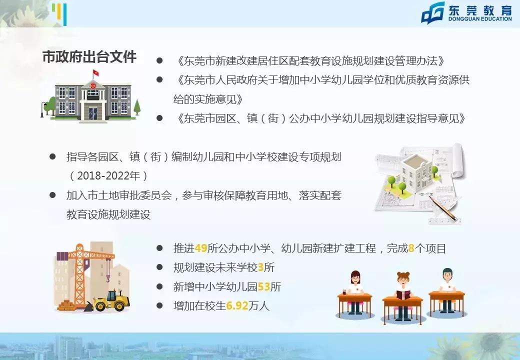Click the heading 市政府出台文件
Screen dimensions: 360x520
pyautogui.click(x=89, y=56)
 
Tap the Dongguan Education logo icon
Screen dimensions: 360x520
pyautogui.click(x=433, y=12)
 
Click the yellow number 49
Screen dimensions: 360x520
pyautogui.click(x=201, y=248)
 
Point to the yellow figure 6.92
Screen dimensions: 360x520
pyautogui.click(x=237, y=306)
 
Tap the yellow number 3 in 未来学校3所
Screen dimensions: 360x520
pyautogui.click(x=260, y=267)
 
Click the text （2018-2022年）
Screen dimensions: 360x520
pyautogui.click(x=108, y=176)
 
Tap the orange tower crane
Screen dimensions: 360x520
pyautogui.click(x=80, y=270)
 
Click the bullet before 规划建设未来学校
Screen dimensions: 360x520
pyautogui.click(x=159, y=267)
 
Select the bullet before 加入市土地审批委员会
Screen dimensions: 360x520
pyautogui.click(x=52, y=195)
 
